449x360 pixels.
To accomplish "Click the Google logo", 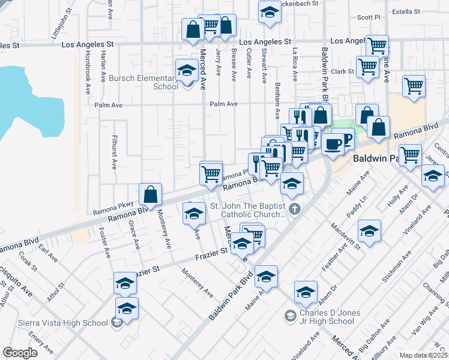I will (x=19, y=353).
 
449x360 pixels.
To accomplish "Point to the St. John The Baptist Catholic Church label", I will (x=247, y=210).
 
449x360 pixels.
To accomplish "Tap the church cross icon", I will (x=294, y=209).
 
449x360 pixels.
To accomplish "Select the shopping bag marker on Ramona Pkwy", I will (x=150, y=194).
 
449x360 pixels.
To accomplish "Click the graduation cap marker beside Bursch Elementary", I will (x=187, y=71).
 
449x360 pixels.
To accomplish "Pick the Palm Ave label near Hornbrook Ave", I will (x=109, y=104).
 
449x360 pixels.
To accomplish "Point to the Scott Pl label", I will (x=369, y=18).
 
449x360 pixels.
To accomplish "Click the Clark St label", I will (x=343, y=71).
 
